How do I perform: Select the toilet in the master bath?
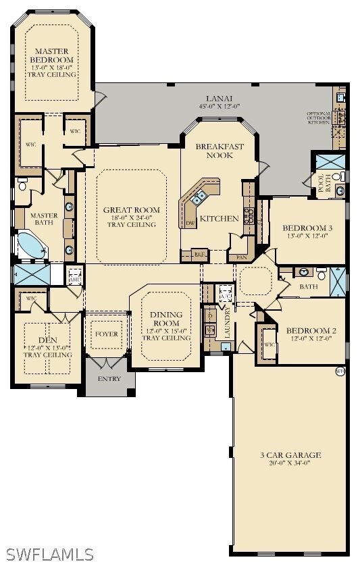tap(22, 184)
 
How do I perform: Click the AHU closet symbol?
tap(74, 275)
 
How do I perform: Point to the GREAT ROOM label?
tap(131, 210)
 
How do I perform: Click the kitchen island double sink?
tap(199, 198)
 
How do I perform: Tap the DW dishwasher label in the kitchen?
tap(190, 222)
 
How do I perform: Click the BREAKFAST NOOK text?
tap(214, 150)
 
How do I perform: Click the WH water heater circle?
tap(339, 371)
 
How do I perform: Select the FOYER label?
tap(106, 334)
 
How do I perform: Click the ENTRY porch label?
tap(109, 379)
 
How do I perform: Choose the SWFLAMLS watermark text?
tap(47, 554)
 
